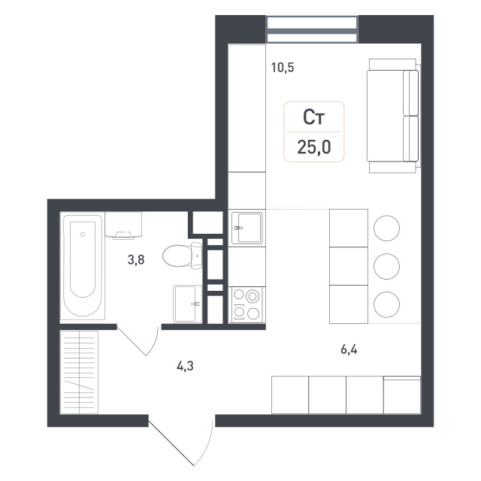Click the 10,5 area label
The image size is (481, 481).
pyautogui.click(x=283, y=68)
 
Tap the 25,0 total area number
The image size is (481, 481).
pyautogui.click(x=314, y=147)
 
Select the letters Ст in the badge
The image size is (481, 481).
pyautogui.click(x=314, y=117)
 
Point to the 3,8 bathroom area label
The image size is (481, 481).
pyautogui.click(x=136, y=260)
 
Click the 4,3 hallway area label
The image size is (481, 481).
pyautogui.click(x=185, y=366)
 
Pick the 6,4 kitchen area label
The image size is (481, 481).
pyautogui.click(x=349, y=349)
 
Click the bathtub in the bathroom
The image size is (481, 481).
pyautogui.click(x=83, y=265)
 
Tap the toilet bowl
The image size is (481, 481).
pyautogui.click(x=183, y=256)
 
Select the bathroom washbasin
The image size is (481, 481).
pyautogui.click(x=188, y=304)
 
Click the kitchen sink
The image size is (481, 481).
pyautogui.click(x=247, y=228)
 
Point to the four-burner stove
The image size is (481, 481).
pyautogui.click(x=247, y=304)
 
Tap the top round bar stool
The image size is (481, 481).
pyautogui.click(x=386, y=228)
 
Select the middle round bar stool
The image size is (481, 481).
pyautogui.click(x=386, y=266)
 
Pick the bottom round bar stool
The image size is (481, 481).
pyautogui.click(x=386, y=304)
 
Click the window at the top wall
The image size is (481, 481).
pyautogui.click(x=312, y=29)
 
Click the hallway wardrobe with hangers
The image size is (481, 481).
pyautogui.click(x=79, y=372)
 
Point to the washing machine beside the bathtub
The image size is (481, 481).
pyautogui.click(x=123, y=225)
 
